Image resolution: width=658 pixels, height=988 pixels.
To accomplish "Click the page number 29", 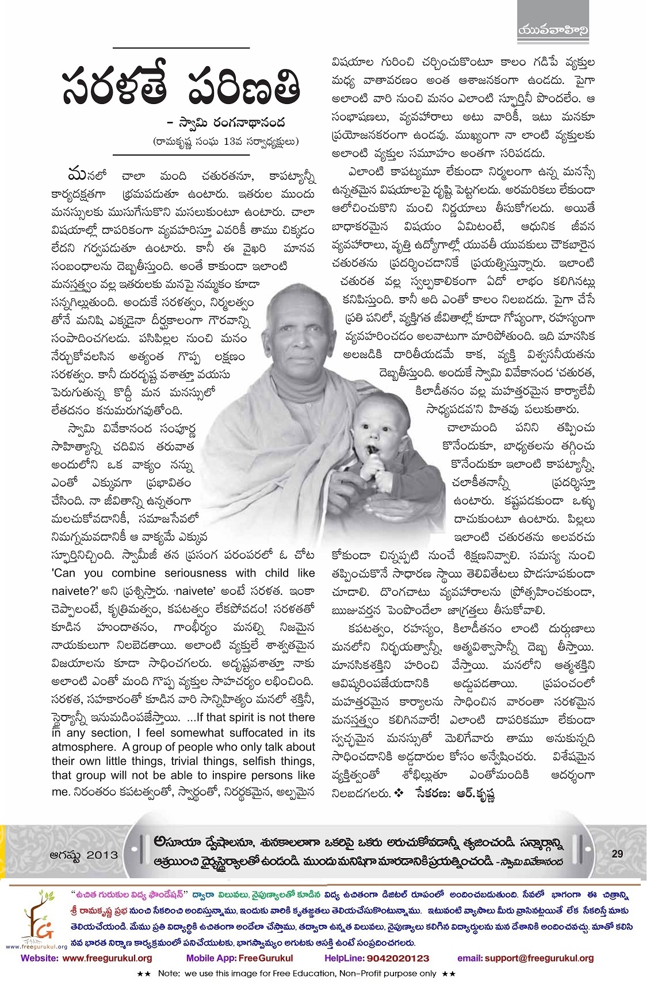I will click(x=617, y=854).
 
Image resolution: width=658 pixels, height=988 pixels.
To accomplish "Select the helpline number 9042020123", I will click(x=401, y=958).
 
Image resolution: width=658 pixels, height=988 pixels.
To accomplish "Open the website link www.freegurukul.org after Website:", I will click(x=107, y=958).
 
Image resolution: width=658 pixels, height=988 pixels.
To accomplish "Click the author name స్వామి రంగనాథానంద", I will click(x=242, y=122).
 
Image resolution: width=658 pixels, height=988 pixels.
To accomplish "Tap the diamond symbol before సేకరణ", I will click(x=400, y=793).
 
